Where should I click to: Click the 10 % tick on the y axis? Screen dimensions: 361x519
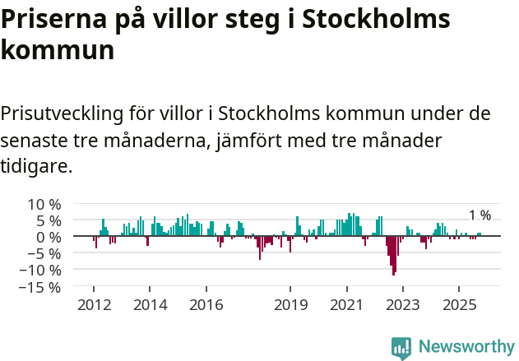click(44, 204)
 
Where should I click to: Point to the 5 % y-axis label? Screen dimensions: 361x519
click(48, 220)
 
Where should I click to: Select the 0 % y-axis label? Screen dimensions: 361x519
click(48, 237)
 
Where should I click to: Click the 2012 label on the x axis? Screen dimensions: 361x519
click(93, 305)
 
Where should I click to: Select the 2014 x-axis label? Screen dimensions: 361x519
click(150, 305)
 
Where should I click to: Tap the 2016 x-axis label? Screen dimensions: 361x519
click(206, 305)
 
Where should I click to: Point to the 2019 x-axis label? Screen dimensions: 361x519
click(290, 305)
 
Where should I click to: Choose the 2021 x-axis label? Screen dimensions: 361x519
click(346, 305)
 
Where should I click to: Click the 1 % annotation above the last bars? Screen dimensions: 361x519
click(480, 215)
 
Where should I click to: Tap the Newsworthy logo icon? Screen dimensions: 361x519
click(401, 347)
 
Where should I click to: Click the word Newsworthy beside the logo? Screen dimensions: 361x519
click(466, 347)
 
